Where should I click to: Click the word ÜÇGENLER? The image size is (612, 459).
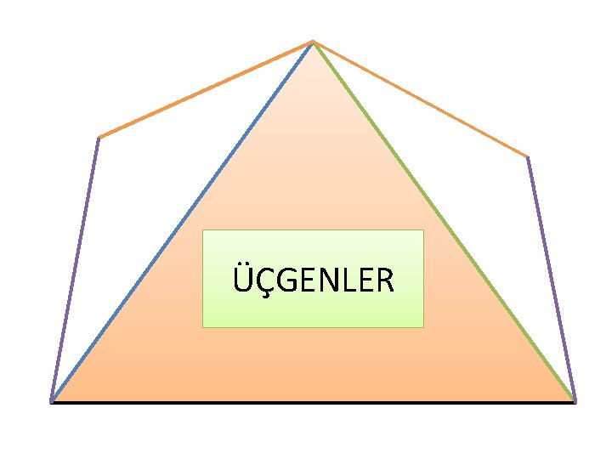(x=313, y=280)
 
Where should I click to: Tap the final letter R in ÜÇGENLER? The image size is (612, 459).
(x=384, y=280)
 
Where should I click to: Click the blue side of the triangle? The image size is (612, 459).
(x=183, y=221)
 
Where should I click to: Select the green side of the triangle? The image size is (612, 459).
(x=444, y=221)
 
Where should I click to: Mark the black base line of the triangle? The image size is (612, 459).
(x=313, y=402)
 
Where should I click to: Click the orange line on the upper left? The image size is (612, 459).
(x=206, y=89)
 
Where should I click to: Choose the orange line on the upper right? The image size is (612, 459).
(x=421, y=99)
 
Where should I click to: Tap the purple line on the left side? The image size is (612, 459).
(x=75, y=269)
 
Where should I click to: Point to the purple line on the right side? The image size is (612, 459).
(x=552, y=279)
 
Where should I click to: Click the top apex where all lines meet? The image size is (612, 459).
(x=313, y=41)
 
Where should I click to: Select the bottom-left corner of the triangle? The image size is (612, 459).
(x=52, y=401)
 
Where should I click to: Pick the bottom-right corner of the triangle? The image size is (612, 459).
(x=575, y=401)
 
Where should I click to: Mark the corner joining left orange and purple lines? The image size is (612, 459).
(x=99, y=137)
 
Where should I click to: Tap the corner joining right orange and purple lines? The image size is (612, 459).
(x=528, y=156)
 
